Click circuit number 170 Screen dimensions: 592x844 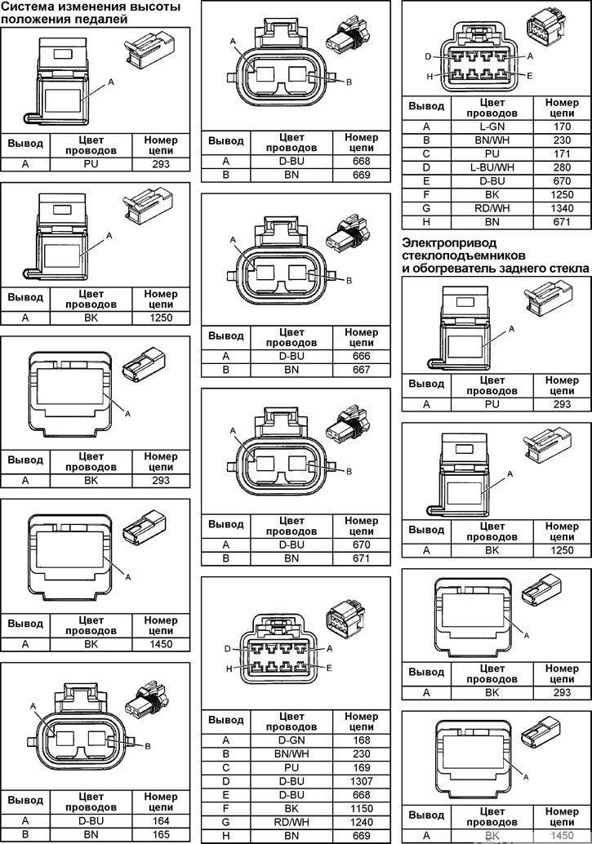561,127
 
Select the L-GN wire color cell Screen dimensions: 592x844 492,127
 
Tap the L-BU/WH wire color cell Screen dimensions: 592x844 492,167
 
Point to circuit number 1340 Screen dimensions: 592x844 561,208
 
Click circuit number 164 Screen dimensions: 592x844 161,821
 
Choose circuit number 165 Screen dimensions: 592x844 161,835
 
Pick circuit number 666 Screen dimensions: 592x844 362,356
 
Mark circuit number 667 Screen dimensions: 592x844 362,370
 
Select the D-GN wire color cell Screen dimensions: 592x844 292,740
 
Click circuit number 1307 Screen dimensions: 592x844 362,781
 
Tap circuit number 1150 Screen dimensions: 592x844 362,808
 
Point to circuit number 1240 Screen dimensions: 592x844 362,822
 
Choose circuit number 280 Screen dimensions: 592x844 561,167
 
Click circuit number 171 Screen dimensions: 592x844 561,154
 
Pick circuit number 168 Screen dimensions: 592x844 362,740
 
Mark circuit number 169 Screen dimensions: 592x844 362,767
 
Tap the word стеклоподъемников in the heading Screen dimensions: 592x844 464,255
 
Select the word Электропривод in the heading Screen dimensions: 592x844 450,242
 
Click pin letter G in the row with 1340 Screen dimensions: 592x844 426,208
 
